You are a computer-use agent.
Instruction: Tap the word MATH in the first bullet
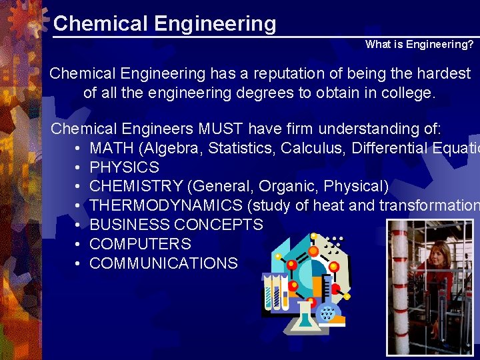(x=108, y=147)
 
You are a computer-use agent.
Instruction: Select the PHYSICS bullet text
(x=124, y=167)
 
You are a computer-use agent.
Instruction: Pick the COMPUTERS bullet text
(x=140, y=244)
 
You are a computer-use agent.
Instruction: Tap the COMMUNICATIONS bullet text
(x=163, y=263)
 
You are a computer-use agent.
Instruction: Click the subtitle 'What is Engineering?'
(x=419, y=45)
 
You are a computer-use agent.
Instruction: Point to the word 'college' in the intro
(x=407, y=93)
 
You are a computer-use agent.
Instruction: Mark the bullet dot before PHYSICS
(x=78, y=167)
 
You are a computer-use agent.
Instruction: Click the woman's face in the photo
(x=441, y=253)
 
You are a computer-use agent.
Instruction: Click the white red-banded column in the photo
(x=399, y=287)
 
